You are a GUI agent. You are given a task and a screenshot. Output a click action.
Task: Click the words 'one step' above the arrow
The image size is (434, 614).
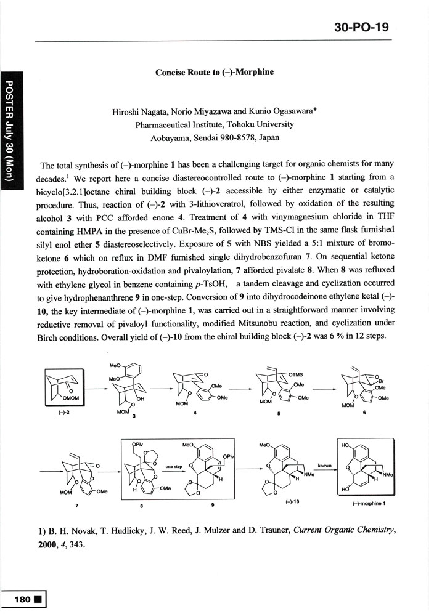click(x=173, y=467)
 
